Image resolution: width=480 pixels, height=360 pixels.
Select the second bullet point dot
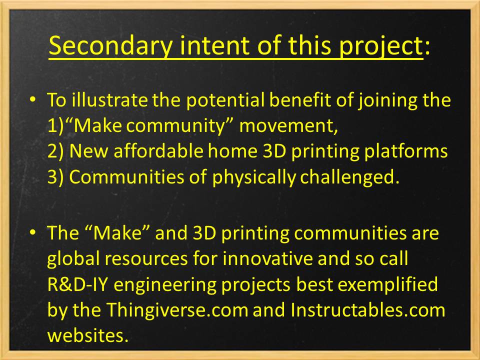[33, 233]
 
